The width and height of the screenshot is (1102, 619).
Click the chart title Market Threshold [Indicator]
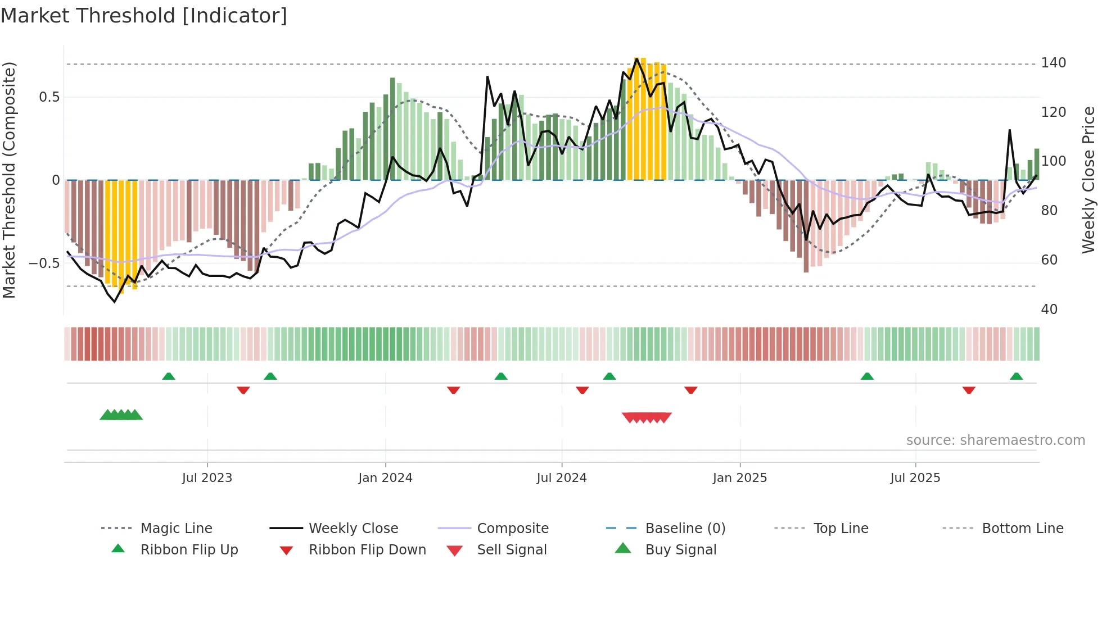144,16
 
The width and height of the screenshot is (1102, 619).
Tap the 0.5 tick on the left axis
49,97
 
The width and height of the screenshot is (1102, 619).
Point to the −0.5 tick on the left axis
44,263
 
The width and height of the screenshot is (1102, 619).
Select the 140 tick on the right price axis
1053,63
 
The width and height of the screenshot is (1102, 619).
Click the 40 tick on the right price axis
1049,309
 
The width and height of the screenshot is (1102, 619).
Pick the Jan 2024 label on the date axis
385,478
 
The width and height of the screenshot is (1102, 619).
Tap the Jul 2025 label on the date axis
915,478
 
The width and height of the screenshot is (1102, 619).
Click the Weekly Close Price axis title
1089,180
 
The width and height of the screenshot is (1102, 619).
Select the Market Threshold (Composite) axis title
9,180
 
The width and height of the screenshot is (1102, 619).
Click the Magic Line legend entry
176,529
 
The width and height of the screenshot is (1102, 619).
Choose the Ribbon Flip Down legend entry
367,550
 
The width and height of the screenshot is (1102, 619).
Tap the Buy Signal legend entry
680,550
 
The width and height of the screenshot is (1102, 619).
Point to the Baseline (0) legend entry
685,529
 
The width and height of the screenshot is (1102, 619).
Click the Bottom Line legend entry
1022,529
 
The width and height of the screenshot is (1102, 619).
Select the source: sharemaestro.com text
995,440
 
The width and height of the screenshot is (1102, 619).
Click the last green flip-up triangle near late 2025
1016,376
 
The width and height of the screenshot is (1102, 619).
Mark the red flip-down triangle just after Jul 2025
968,390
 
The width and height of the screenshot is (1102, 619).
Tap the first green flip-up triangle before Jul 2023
169,376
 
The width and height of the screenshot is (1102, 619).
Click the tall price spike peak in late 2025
1010,130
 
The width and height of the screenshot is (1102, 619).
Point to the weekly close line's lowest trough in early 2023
115,302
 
